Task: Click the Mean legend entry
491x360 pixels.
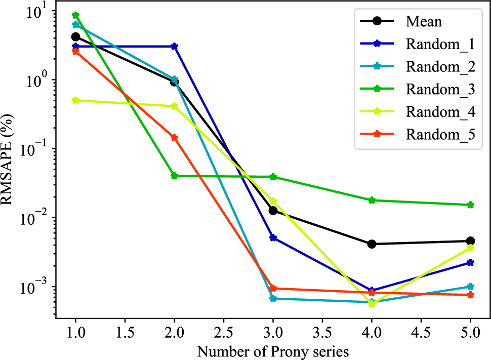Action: (x=424, y=22)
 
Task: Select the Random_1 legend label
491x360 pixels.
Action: (x=440, y=44)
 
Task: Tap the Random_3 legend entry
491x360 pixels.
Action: (x=440, y=89)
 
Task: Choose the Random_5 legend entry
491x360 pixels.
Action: (x=440, y=134)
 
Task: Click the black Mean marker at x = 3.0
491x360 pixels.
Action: (x=273, y=210)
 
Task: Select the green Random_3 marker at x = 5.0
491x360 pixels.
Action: (x=470, y=205)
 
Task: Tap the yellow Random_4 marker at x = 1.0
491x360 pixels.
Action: (x=76, y=100)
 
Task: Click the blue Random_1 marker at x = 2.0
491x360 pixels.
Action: (x=174, y=46)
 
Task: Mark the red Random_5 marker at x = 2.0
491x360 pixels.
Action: (x=174, y=137)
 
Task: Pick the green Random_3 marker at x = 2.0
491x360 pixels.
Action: (x=174, y=176)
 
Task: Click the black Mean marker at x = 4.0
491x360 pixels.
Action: (x=372, y=244)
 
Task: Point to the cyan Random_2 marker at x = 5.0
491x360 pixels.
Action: (x=470, y=287)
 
